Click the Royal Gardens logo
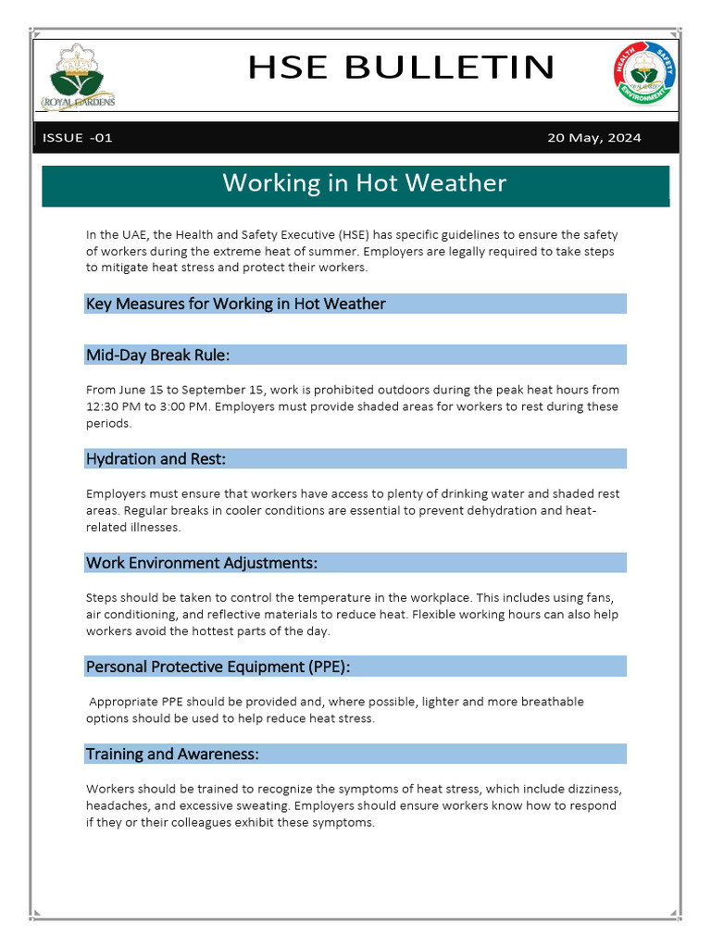point(79,78)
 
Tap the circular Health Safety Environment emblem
point(644,74)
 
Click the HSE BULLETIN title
point(401,68)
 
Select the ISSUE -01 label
point(78,138)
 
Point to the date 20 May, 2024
point(593,138)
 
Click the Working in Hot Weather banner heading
point(364,182)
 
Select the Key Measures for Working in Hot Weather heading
point(236,304)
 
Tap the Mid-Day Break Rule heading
point(157,355)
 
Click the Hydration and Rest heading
point(156,458)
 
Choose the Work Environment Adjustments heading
point(202,563)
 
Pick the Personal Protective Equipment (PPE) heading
point(218,667)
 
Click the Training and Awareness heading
point(172,754)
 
